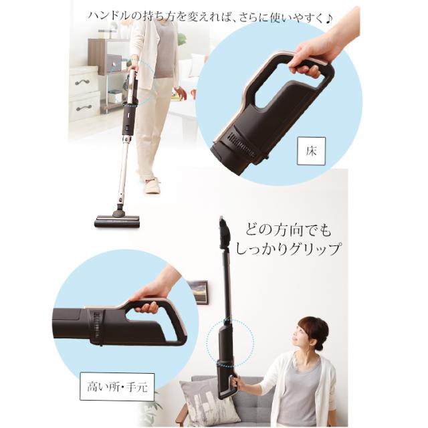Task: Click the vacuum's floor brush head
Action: point(117,220)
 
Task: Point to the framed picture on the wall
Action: point(198,292)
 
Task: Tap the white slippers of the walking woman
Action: point(152,185)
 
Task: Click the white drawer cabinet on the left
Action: point(84,94)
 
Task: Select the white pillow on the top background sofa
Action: point(195,65)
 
